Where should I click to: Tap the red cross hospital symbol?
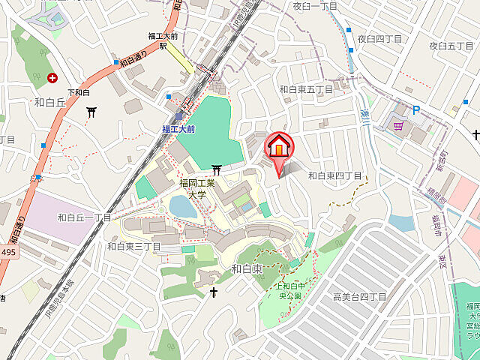(x=52, y=77)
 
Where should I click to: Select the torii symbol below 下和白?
(x=91, y=112)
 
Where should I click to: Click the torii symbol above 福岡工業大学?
(x=217, y=169)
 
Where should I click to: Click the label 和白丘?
(x=51, y=101)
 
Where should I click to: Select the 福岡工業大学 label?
(x=196, y=188)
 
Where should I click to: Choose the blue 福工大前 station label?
(x=178, y=129)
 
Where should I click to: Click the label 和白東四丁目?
(x=335, y=175)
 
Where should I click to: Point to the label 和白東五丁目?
(x=306, y=89)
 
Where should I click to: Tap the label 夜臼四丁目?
(x=379, y=38)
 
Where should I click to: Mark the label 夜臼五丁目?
(x=452, y=46)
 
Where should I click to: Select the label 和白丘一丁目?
(x=84, y=217)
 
